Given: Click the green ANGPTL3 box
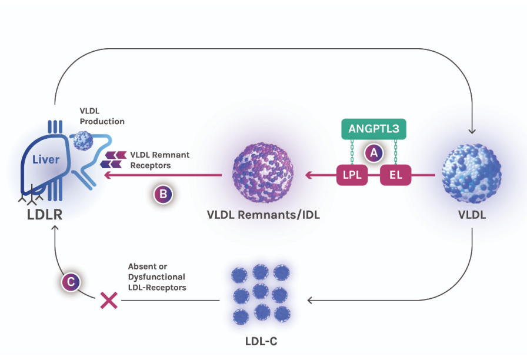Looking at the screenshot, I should coord(374,128).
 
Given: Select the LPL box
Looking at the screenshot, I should coord(351,175).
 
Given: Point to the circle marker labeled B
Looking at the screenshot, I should coord(163,195).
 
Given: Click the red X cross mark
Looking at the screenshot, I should coord(108,301).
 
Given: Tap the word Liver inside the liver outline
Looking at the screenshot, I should coord(46,160).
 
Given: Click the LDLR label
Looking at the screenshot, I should coord(45,215).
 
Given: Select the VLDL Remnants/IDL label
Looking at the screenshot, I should coord(263,215).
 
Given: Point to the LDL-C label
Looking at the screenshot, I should coord(261,341).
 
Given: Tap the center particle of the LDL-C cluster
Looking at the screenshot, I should coord(262,292).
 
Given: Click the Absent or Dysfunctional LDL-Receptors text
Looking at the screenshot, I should coord(156,277).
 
